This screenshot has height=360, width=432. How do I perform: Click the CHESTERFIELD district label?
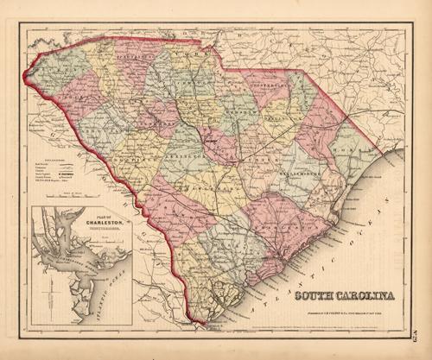tap(275, 86)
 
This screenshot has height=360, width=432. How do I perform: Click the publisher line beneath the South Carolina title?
tap(341, 310)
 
